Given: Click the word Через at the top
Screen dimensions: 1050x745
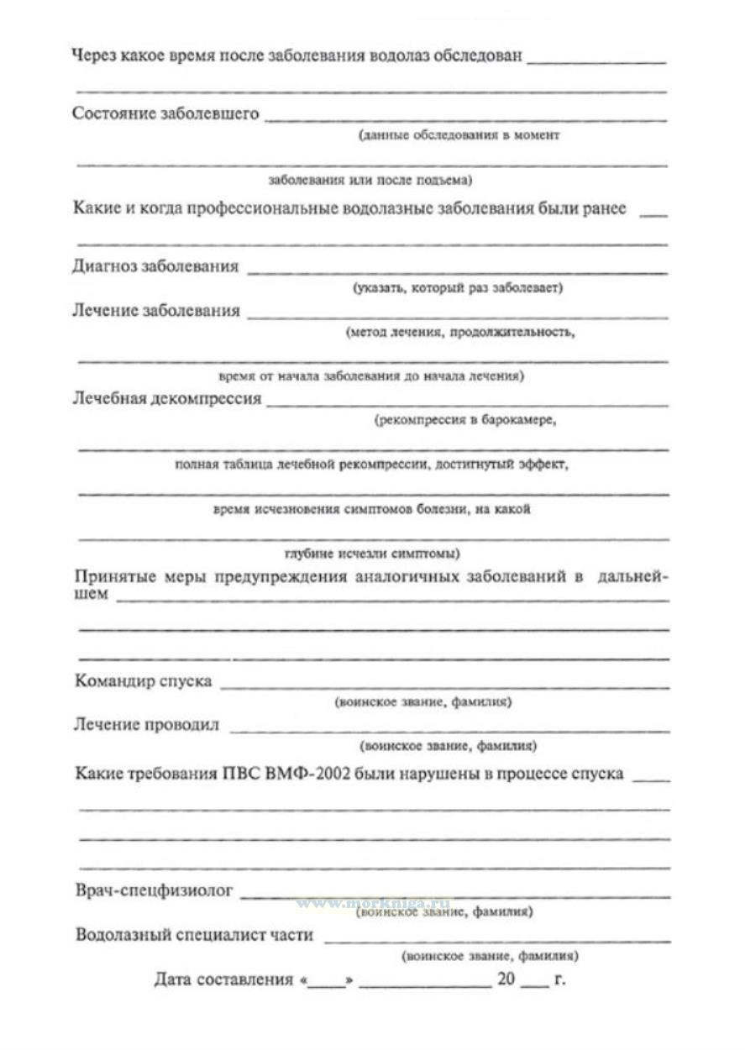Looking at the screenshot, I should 94,57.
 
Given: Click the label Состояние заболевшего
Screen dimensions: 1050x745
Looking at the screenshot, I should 165,113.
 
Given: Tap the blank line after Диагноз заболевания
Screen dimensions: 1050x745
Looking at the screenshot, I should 457,270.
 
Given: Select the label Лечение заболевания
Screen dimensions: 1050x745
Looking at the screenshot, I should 156,311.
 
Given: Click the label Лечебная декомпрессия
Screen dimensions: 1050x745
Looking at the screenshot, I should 167,398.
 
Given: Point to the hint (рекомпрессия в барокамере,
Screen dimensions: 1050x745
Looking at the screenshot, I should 465,420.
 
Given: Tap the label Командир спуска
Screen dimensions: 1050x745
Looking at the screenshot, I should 143,680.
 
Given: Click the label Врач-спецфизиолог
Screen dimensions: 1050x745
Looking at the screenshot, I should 154,890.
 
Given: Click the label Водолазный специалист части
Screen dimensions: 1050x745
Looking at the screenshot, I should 194,934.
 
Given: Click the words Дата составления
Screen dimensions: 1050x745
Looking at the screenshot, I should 223,979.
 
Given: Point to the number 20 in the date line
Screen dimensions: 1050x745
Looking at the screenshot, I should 504,979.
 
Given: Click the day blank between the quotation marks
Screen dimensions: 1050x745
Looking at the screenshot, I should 327,981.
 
